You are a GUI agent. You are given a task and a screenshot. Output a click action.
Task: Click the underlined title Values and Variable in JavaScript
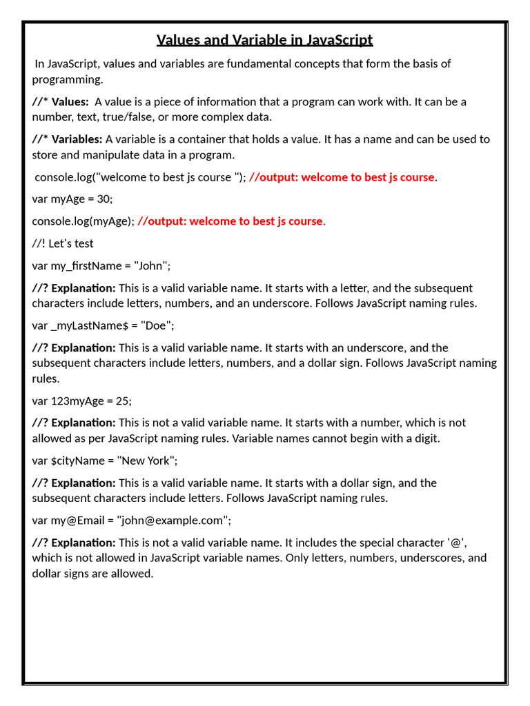264,40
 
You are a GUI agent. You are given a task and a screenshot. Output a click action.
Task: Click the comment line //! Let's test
63,243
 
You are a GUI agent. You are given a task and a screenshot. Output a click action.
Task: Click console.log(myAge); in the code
83,221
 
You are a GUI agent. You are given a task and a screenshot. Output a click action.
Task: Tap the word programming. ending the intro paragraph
68,79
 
